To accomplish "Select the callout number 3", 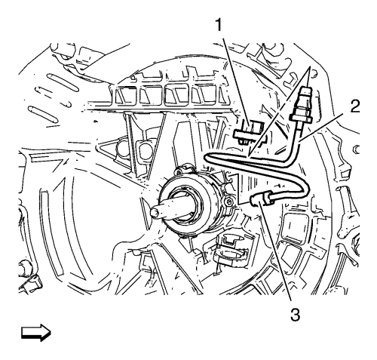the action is pyautogui.click(x=295, y=315).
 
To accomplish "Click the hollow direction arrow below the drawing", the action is pyautogui.click(x=36, y=333).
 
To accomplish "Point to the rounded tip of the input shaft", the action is pyautogui.click(x=154, y=212).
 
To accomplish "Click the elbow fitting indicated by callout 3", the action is pyautogui.click(x=261, y=198).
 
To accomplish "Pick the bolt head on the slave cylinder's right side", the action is pyautogui.click(x=228, y=202).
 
